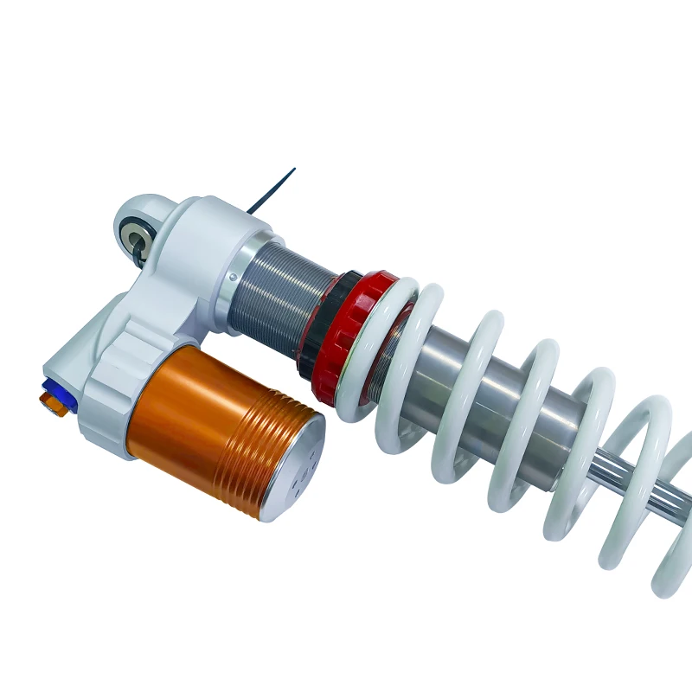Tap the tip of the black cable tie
coord(293,170)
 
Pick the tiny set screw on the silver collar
coord(232,277)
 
